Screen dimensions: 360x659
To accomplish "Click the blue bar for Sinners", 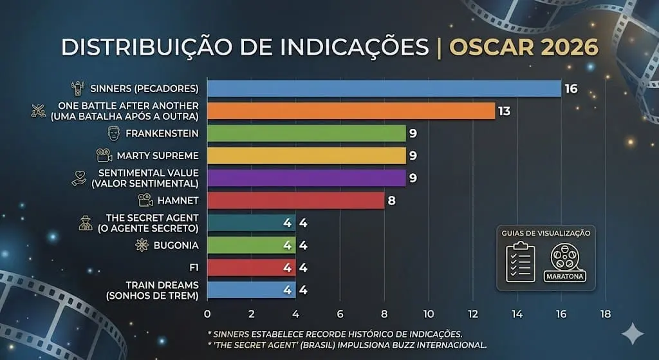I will click(x=384, y=88).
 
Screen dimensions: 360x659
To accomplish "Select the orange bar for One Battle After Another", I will click(x=351, y=111).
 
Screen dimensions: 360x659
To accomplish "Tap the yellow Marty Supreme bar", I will click(x=306, y=156).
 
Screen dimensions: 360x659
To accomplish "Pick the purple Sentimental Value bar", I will click(x=306, y=178).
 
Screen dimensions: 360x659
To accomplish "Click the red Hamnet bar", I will click(x=295, y=200).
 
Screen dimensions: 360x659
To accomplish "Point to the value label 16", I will click(x=571, y=88).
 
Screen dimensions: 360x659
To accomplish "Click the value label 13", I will click(x=504, y=111).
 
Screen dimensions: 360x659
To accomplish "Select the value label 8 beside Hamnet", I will click(x=391, y=200).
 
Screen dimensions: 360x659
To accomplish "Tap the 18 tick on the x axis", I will click(x=605, y=314).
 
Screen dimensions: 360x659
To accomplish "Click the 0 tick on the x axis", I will click(x=207, y=314).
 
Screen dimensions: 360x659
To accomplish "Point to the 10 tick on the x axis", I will click(x=428, y=314).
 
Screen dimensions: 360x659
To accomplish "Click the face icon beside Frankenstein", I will click(x=113, y=133).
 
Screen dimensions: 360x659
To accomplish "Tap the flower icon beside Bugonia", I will click(x=142, y=245).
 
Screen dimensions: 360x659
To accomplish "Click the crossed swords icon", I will click(x=38, y=111).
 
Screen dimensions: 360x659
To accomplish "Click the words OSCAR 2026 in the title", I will click(x=523, y=48).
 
